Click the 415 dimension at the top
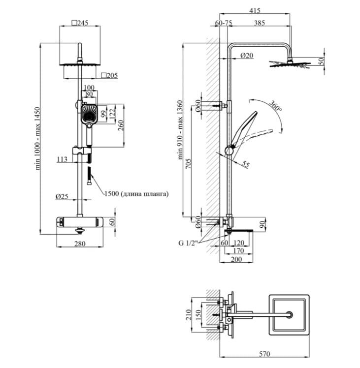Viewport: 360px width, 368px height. [x=255, y=10]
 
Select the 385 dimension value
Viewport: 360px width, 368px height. [x=260, y=23]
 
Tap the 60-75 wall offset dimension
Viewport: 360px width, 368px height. [x=224, y=23]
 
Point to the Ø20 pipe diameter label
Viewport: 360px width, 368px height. [x=247, y=56]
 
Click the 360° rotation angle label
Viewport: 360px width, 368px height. [x=275, y=106]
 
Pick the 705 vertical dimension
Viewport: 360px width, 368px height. [x=188, y=163]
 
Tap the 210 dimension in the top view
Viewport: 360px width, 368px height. [x=188, y=315]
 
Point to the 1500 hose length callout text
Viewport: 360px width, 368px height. [x=136, y=194]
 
